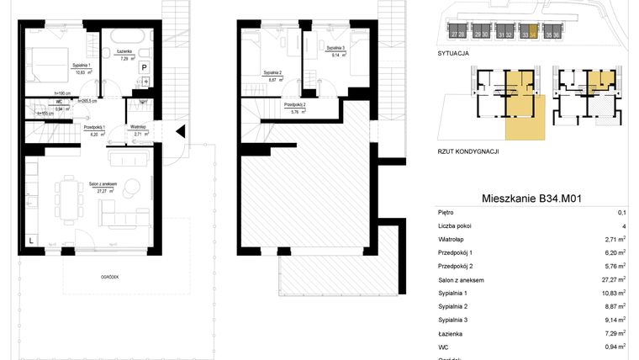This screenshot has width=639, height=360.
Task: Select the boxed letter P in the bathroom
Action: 144,67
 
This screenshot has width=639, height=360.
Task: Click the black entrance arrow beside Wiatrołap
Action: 178,130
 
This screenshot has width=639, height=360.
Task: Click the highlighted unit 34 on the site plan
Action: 530,34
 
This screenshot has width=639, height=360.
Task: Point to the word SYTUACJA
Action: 454,52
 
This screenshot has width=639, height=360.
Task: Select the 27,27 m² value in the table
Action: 612,279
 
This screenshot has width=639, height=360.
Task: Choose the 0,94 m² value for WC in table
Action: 614,347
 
